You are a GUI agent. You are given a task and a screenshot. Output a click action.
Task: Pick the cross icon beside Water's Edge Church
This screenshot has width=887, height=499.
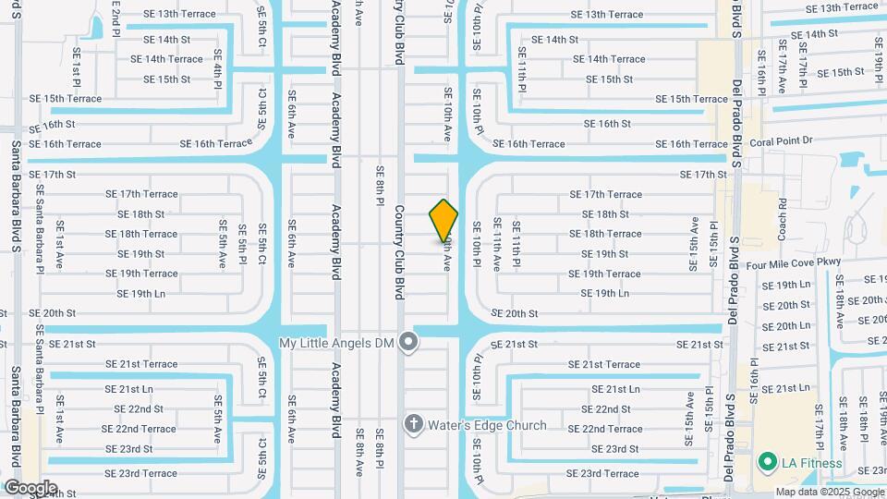click(x=413, y=425)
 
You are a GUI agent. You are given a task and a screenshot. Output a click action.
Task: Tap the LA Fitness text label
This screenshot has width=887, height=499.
click(x=813, y=463)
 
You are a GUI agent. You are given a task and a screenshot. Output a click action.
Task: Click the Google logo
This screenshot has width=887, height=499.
click(x=30, y=487)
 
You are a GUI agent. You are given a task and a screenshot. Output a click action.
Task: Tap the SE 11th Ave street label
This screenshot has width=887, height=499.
click(x=496, y=244)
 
